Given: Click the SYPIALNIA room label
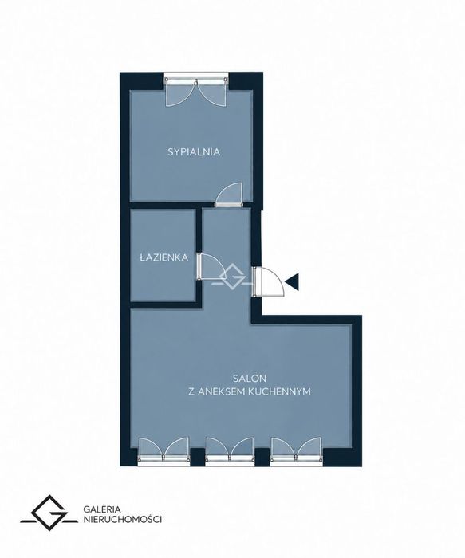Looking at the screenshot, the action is [194, 152].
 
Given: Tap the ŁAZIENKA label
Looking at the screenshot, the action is [164, 257].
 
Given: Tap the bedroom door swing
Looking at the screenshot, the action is [229, 195].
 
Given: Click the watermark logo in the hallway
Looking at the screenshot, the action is [233, 277].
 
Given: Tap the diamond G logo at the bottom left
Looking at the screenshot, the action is [49, 512].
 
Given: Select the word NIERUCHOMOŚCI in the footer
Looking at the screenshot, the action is [123, 520].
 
